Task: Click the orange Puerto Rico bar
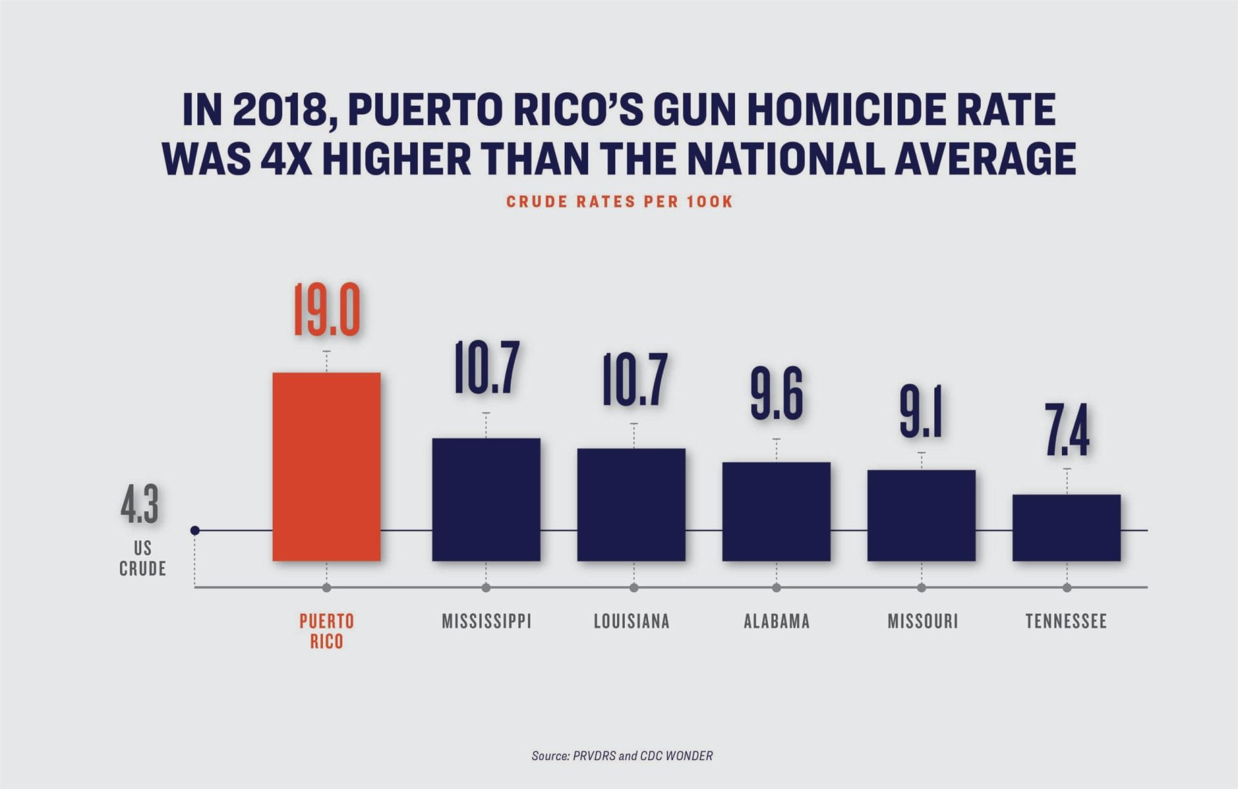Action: tap(326, 466)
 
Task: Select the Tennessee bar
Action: tap(1066, 527)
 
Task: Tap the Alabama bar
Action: tap(776, 511)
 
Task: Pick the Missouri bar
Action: tap(921, 515)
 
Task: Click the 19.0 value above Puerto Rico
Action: tap(326, 311)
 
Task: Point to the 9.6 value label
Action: tap(776, 394)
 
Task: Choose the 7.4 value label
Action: tap(1066, 430)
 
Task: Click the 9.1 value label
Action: tap(921, 413)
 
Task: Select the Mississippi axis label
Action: tap(486, 621)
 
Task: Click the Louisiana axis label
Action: tap(631, 621)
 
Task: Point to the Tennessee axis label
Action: tap(1066, 621)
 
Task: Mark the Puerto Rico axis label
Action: tap(326, 631)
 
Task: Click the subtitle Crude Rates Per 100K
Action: tap(619, 202)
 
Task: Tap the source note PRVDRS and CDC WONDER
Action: tap(622, 755)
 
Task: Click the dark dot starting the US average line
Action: tap(195, 531)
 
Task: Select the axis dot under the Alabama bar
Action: tap(776, 588)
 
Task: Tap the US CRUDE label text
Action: tap(142, 558)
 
